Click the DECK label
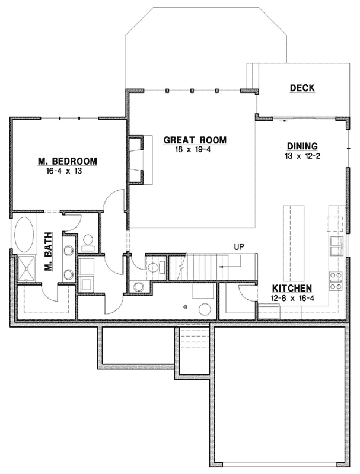[302, 88]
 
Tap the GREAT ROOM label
[195, 140]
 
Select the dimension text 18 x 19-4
[195, 150]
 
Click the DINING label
[302, 146]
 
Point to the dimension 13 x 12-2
[302, 156]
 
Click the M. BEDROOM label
[68, 161]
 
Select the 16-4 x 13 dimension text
[68, 171]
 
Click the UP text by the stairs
[239, 246]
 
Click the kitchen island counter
[295, 243]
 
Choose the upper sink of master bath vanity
[68, 249]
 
